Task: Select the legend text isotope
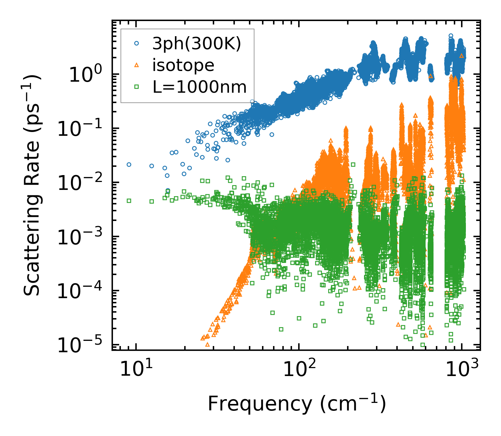[183, 65]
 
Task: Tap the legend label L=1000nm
[200, 87]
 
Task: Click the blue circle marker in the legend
[136, 44]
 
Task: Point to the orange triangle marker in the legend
[136, 65]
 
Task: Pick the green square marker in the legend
[136, 87]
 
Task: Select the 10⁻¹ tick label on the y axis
[80, 129]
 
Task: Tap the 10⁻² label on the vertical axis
[80, 183]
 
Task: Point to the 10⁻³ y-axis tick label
[80, 237]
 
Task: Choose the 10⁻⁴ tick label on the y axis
[80, 291]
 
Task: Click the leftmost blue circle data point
[129, 165]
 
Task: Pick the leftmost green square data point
[129, 201]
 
